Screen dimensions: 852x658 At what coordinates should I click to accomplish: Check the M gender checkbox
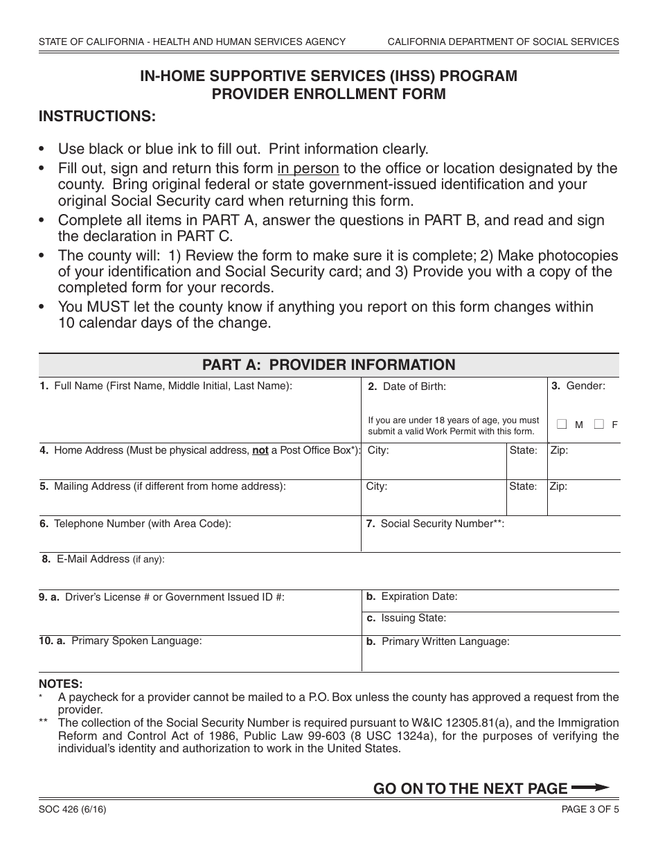tap(562, 424)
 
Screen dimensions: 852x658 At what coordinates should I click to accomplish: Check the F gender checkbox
tap(599, 424)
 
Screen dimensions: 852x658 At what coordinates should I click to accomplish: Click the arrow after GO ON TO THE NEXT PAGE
tap(590, 788)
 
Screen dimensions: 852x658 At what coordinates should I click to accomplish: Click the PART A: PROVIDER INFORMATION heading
tap(328, 365)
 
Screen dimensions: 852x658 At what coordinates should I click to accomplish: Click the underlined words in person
tap(308, 168)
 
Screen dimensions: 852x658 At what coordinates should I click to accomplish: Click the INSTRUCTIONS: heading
tap(97, 116)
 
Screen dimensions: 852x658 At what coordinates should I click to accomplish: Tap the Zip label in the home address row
tap(559, 450)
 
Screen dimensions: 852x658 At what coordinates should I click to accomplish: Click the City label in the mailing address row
tap(377, 486)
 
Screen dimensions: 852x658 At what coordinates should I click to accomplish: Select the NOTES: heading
tap(60, 684)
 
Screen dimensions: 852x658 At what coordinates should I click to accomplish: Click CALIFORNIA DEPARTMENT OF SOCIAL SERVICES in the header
tap(503, 42)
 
